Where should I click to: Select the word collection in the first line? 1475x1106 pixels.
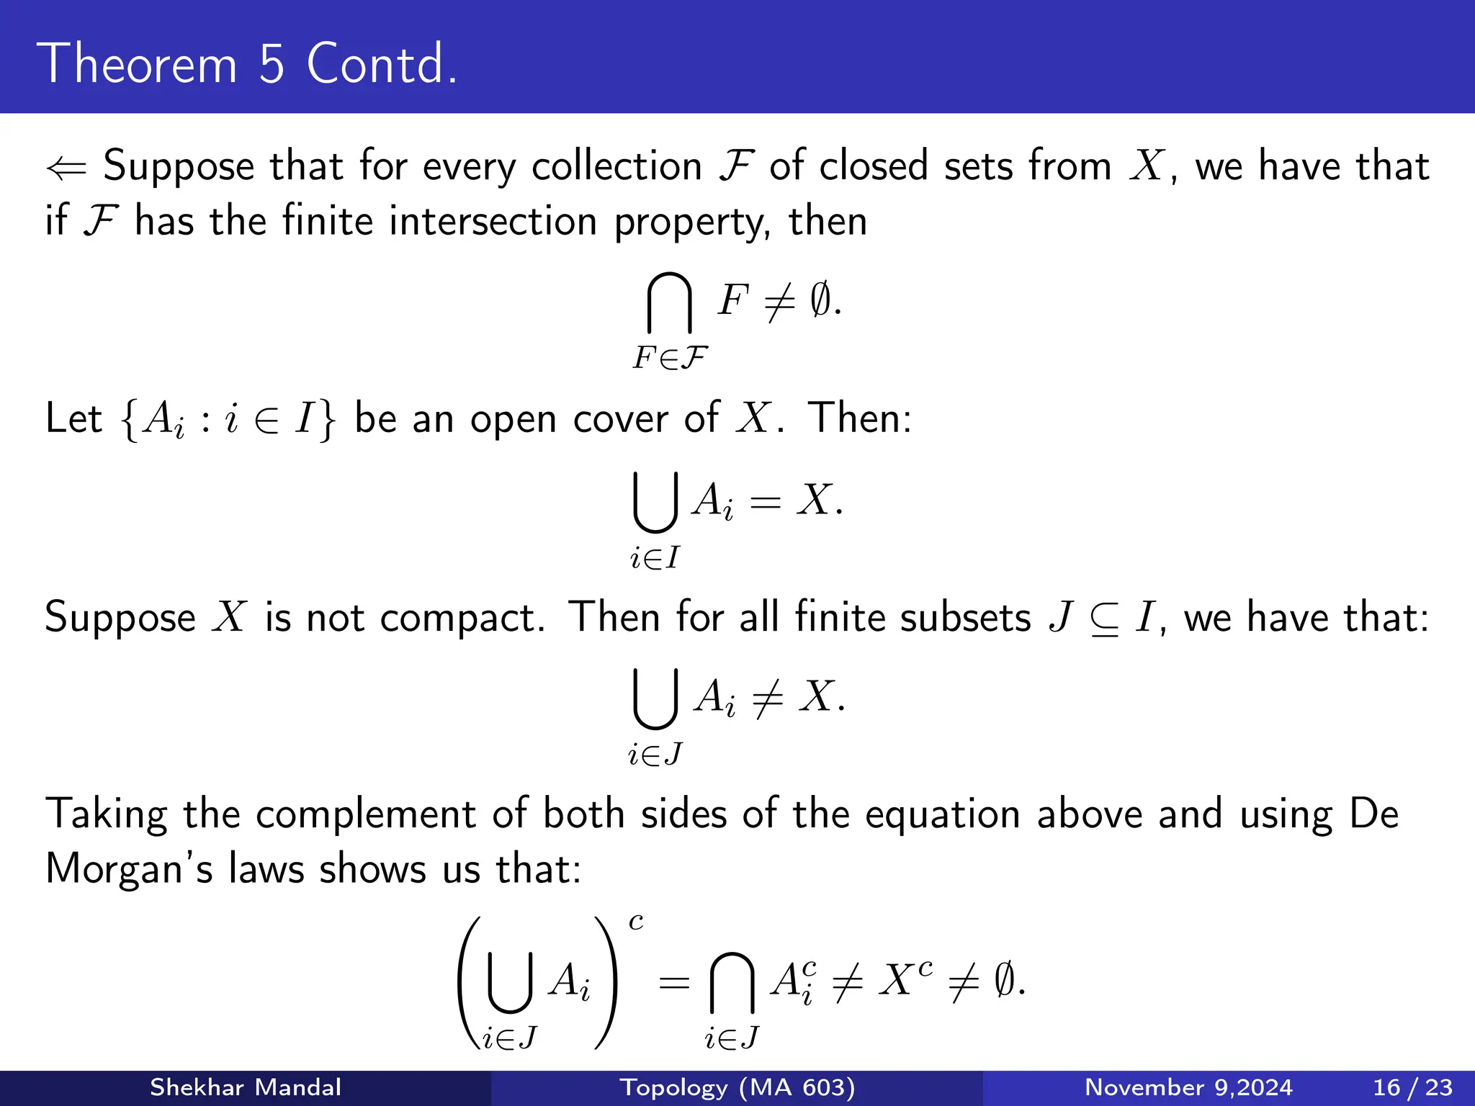(x=617, y=166)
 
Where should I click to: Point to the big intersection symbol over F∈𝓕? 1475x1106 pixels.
(x=669, y=303)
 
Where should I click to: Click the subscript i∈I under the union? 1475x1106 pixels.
(x=655, y=557)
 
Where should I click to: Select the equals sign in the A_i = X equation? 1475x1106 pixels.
(x=765, y=501)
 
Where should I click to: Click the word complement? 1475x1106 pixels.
(x=366, y=814)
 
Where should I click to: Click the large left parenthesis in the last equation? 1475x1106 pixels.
(x=469, y=983)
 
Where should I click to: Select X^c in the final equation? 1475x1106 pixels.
(x=905, y=980)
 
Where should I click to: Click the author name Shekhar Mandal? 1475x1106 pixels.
(x=245, y=1087)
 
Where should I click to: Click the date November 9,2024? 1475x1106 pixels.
(x=1188, y=1087)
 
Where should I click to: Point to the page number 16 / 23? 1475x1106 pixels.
(x=1412, y=1087)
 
